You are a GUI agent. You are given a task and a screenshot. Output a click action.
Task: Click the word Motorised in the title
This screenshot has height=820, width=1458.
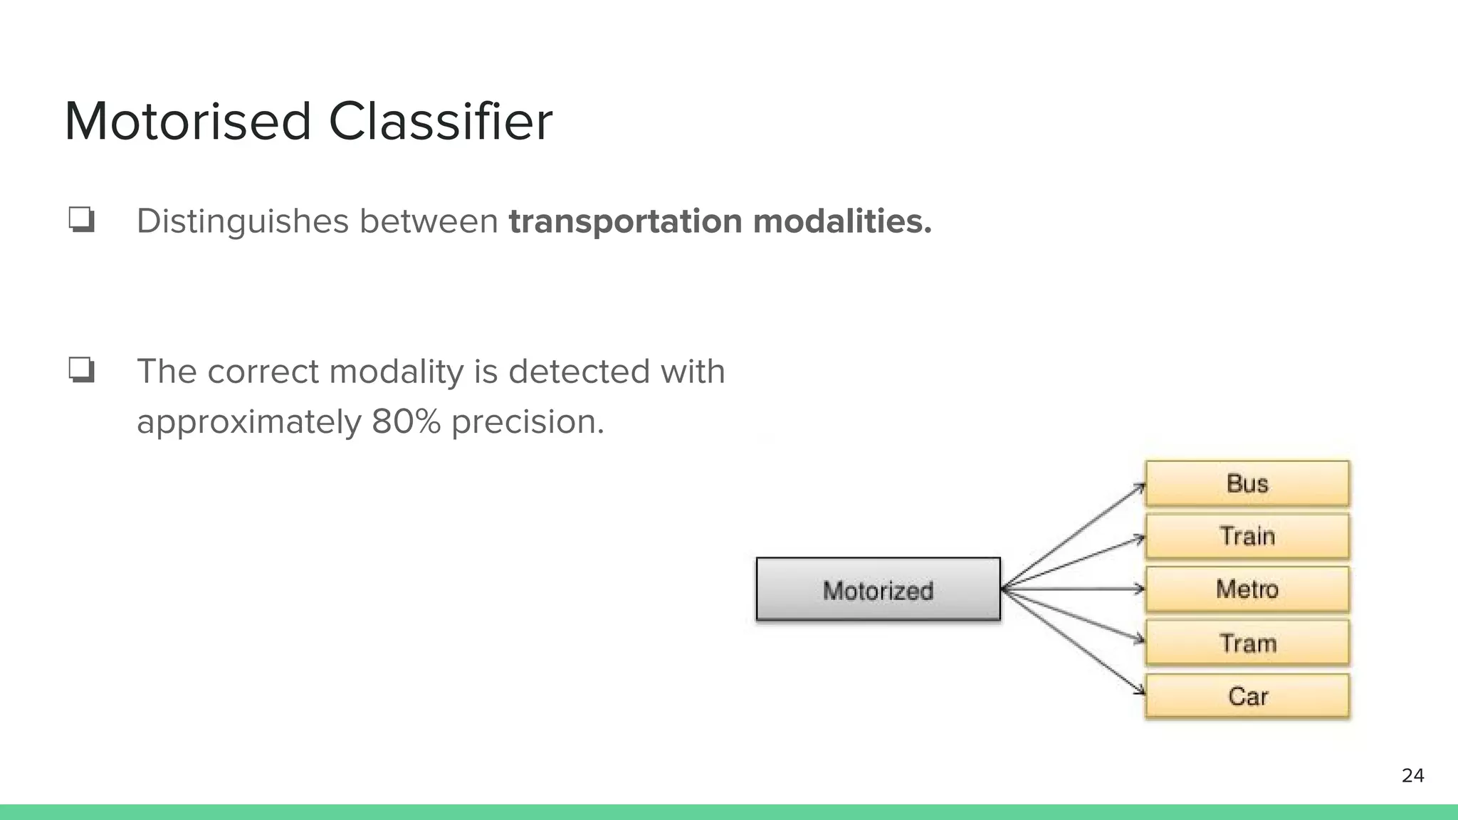(x=188, y=122)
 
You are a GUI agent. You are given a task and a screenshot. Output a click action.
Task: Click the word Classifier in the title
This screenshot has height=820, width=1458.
(x=440, y=122)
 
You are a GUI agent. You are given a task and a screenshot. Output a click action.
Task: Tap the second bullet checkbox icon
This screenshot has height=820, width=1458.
(x=81, y=370)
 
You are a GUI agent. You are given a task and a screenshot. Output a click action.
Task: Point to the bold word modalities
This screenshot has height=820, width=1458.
(x=842, y=221)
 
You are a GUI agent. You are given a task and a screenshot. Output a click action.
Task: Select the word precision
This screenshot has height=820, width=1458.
(x=528, y=421)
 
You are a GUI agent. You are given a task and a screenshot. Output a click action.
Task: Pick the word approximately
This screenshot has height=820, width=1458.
(x=248, y=423)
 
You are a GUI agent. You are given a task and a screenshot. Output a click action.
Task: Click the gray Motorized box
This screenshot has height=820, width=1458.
(x=878, y=589)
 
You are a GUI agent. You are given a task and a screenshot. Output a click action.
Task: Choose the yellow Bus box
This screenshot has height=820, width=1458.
(x=1247, y=483)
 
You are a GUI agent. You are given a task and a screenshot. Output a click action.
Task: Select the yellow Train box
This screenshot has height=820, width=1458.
(x=1247, y=536)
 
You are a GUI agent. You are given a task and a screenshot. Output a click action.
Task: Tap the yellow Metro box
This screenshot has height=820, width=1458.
(x=1247, y=589)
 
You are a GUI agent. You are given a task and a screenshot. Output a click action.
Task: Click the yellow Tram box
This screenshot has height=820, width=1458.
(x=1247, y=643)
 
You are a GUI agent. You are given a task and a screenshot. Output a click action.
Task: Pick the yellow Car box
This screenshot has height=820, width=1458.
(x=1247, y=695)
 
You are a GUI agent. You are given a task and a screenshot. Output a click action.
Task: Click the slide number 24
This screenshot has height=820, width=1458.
(x=1412, y=776)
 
